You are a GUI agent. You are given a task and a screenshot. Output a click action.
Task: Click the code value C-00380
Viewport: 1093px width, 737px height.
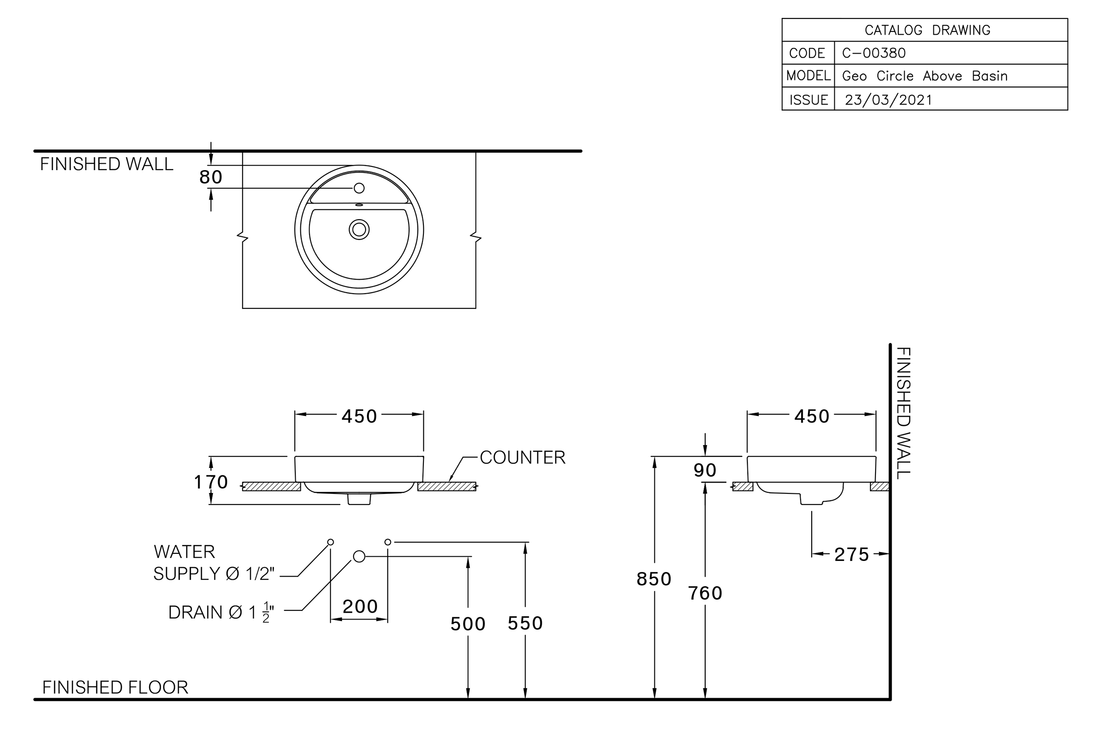click(874, 53)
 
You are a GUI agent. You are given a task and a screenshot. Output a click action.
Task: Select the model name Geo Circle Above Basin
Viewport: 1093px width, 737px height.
click(925, 76)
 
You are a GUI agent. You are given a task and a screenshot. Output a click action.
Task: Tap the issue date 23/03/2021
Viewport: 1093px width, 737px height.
click(888, 100)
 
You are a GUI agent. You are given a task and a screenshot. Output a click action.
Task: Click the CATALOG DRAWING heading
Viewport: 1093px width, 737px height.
click(927, 30)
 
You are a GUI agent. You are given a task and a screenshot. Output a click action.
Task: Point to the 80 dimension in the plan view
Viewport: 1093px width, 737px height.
click(211, 177)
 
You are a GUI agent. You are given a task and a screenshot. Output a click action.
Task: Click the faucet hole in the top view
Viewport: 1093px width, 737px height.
click(359, 188)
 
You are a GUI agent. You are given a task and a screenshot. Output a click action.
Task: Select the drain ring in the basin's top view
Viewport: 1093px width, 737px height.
click(359, 229)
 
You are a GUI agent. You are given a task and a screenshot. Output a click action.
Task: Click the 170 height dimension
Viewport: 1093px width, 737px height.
click(211, 482)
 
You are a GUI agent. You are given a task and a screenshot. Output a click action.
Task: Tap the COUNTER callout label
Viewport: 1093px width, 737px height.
click(522, 457)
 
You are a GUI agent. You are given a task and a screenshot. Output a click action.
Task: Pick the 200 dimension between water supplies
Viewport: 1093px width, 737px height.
click(360, 606)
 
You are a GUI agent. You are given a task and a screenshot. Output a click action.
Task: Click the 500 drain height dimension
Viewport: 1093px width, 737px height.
click(468, 624)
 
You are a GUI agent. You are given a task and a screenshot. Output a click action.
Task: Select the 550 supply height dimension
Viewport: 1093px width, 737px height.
click(525, 623)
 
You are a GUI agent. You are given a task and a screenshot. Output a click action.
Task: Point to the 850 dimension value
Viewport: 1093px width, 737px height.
click(654, 579)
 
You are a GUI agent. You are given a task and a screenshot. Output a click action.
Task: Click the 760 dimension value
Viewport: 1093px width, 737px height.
click(705, 593)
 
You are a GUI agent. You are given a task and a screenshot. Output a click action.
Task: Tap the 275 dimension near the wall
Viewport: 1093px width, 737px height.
click(851, 555)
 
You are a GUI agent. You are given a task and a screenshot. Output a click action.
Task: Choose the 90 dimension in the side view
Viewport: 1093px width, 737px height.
click(705, 470)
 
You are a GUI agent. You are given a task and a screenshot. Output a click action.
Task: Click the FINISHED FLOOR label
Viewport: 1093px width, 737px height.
click(115, 687)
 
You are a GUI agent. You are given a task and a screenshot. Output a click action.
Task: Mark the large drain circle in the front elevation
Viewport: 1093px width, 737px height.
click(359, 557)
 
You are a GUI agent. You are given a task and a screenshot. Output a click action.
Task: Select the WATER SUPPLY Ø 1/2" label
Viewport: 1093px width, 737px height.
click(214, 562)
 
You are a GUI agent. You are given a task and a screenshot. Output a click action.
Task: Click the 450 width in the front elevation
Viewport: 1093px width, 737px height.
click(359, 417)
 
